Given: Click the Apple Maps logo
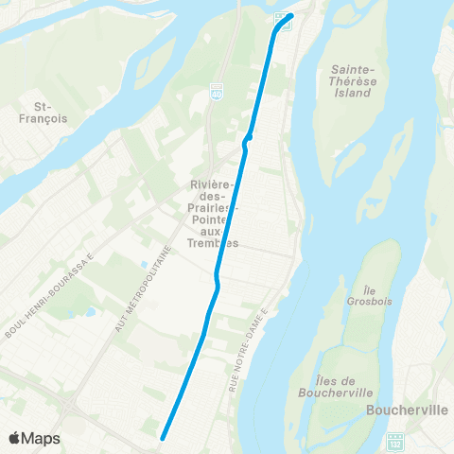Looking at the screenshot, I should coord(33,438).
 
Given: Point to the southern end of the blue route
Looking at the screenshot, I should coord(163,437).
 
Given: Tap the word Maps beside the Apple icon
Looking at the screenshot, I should coord(42,438).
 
